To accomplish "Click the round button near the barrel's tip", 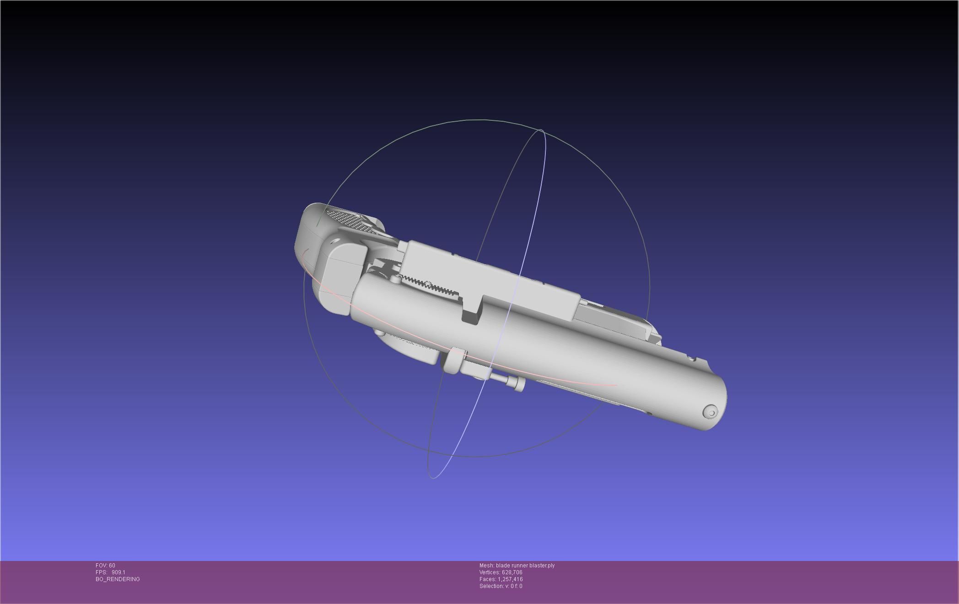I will click(711, 413).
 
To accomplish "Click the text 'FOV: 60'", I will click(105, 566).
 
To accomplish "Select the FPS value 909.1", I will click(118, 572).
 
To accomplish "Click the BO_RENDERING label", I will click(118, 579).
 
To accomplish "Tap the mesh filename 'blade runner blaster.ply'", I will click(525, 566).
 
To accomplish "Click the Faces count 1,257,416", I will click(510, 579).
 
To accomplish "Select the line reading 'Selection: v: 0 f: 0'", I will click(501, 586).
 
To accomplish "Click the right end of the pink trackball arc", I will click(616, 385).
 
